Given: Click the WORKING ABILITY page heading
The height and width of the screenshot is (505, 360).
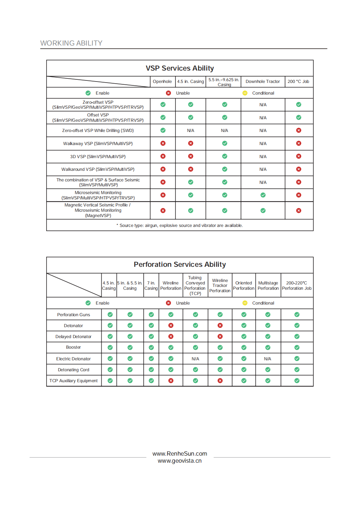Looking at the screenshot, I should [71, 43].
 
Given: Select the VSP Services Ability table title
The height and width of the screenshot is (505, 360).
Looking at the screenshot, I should [180, 68].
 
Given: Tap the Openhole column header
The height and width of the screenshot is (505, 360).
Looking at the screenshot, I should [162, 82].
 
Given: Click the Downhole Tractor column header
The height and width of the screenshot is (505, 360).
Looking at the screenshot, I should [263, 82].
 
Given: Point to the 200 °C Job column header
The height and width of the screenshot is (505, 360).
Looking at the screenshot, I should [298, 82].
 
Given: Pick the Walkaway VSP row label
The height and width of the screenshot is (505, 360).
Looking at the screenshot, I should [98, 144].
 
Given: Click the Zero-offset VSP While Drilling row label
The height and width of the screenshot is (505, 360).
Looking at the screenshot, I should [98, 131].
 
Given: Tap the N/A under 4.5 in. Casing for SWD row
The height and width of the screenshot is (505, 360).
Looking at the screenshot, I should [191, 131].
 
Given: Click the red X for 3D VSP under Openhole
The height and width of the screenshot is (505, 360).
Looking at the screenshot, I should [163, 156].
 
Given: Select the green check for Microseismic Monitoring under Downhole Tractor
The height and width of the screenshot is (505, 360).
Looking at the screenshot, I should [263, 195].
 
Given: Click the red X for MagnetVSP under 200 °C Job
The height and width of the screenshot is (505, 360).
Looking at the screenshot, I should [299, 211].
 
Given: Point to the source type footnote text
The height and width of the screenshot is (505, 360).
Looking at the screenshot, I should [180, 226].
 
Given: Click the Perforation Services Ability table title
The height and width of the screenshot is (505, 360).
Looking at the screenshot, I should [180, 264].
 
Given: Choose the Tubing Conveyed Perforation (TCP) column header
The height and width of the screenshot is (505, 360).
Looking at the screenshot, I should [195, 285].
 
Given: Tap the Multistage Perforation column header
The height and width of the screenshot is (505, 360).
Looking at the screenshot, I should [268, 285].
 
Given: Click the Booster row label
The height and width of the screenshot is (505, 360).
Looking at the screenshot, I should [73, 347].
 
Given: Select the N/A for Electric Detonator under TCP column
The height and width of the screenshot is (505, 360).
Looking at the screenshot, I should [195, 359].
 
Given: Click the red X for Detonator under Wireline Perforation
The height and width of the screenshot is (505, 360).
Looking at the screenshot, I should [171, 325].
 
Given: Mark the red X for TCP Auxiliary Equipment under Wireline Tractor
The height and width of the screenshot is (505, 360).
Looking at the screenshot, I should [220, 381].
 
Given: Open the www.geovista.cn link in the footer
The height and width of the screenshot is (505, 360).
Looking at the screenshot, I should [180, 461].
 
